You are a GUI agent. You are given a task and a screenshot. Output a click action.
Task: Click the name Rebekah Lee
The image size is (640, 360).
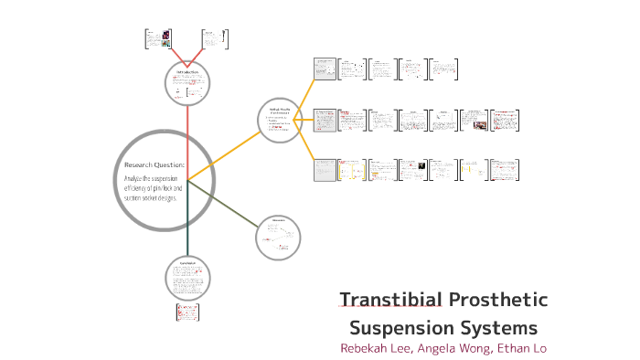pos(375,348)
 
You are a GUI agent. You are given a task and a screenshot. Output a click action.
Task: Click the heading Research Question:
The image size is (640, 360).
pos(154,164)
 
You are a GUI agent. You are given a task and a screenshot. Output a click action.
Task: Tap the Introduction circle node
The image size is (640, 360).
pos(187,84)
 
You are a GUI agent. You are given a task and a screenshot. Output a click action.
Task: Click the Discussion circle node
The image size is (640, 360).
pos(278,237)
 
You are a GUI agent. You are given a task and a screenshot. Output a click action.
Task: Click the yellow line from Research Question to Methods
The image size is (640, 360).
pos(224,154)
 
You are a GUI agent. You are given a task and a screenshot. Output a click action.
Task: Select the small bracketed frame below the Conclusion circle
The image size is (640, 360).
pos(187,312)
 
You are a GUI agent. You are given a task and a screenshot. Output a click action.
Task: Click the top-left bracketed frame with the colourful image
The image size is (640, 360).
pos(158,38)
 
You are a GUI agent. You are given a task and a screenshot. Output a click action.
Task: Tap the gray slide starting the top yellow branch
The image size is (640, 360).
pos(325,69)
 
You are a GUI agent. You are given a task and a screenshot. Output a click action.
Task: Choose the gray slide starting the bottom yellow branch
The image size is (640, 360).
pos(325,170)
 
